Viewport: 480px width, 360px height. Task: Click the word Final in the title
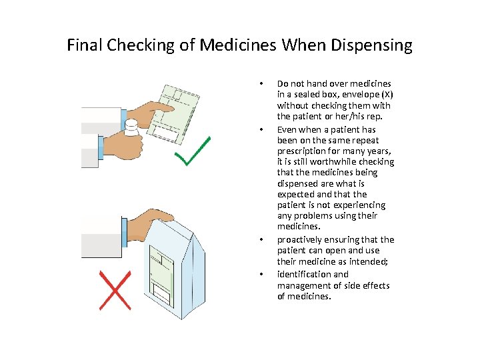84,45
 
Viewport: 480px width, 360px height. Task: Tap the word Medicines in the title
239,45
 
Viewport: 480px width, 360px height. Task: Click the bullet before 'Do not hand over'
262,84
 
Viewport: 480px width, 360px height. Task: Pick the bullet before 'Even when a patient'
262,129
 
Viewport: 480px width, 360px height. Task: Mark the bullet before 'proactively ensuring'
262,239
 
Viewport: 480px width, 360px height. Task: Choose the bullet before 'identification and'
262,274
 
